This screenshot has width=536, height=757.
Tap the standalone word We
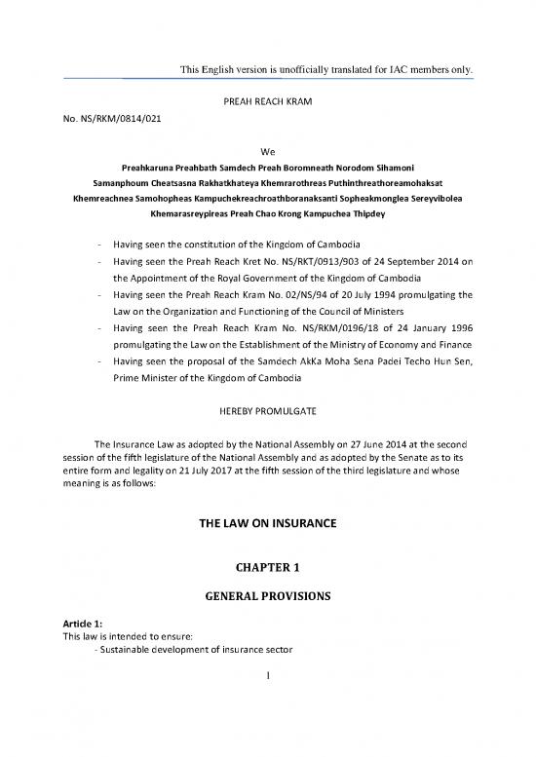click(x=268, y=151)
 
